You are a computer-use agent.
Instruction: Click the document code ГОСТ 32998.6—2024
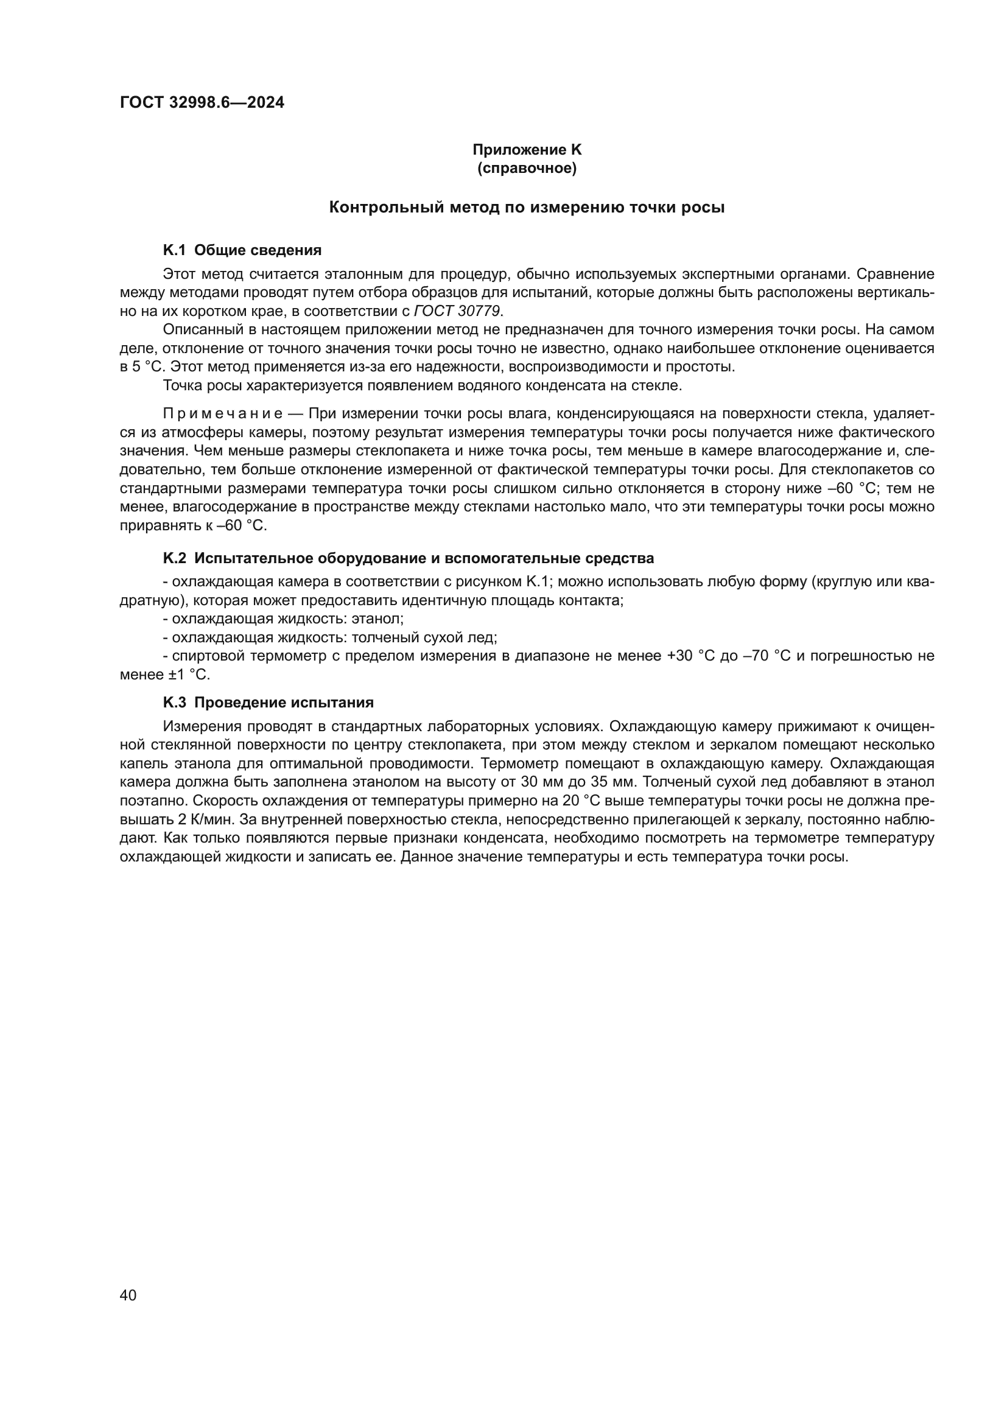click(x=202, y=103)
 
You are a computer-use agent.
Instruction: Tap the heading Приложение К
click(x=527, y=150)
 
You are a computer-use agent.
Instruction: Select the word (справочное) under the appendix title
click(x=527, y=168)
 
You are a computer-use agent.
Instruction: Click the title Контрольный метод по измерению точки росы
click(x=527, y=208)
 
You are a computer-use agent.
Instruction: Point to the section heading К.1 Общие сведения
click(x=242, y=250)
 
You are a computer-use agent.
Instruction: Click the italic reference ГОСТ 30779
click(x=458, y=310)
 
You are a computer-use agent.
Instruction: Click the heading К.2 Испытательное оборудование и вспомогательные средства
click(x=408, y=558)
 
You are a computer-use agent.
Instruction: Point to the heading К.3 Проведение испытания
click(x=268, y=702)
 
